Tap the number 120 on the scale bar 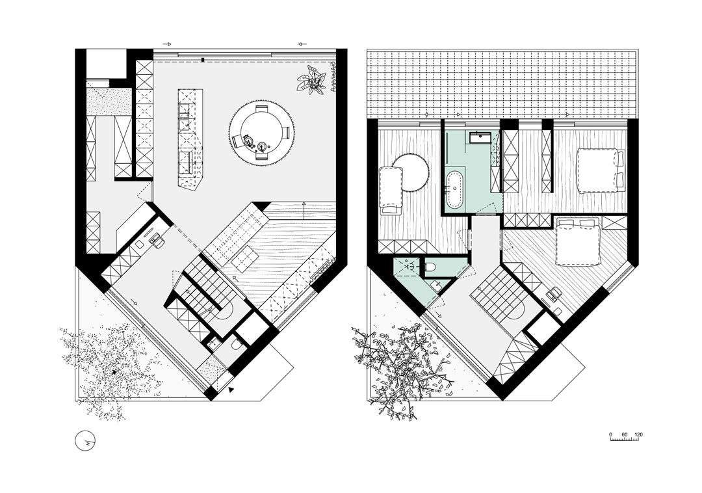pos(639,434)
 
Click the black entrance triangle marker pos(231,390)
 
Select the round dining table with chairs pos(262,133)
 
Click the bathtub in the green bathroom pos(455,190)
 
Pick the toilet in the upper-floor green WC pos(430,267)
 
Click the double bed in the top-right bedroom pos(600,171)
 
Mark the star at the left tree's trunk pos(114,372)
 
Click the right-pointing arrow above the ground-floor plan pos(167,44)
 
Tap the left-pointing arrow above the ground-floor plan pos(302,44)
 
